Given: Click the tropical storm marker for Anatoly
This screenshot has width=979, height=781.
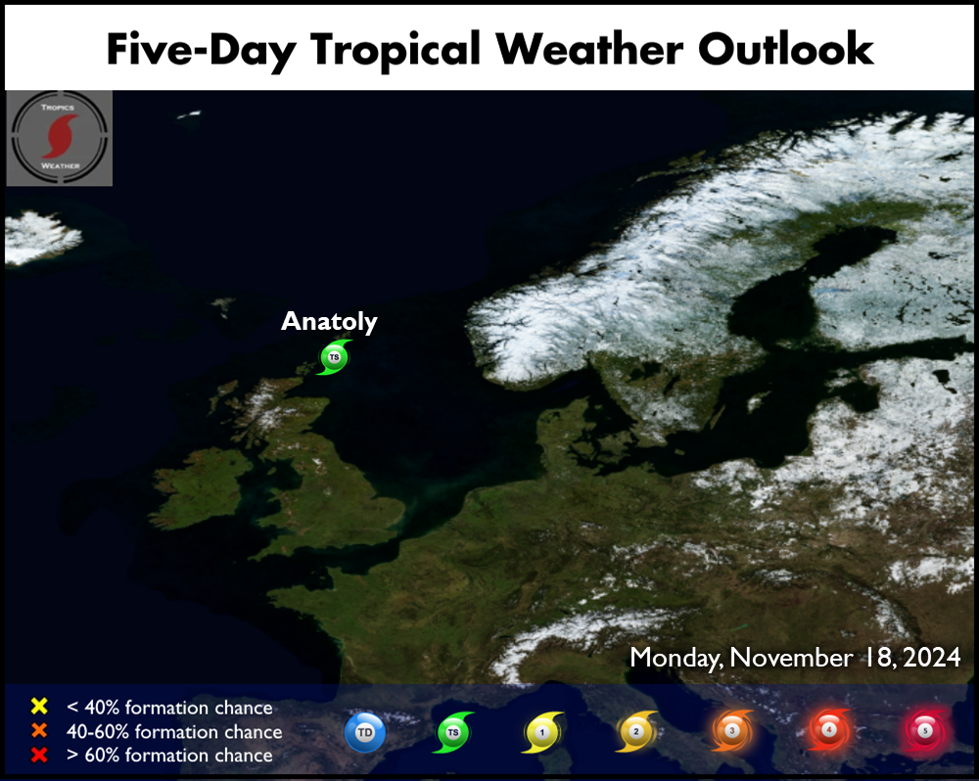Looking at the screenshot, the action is (x=334, y=357).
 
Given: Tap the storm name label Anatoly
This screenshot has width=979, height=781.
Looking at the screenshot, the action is (x=329, y=322).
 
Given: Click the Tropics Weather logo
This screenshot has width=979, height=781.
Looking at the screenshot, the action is (x=60, y=138).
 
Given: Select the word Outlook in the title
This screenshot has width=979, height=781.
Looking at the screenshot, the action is (x=785, y=49).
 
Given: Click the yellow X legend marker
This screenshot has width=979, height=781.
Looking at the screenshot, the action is (x=39, y=706).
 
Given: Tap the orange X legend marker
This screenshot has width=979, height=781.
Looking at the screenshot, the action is (x=39, y=730).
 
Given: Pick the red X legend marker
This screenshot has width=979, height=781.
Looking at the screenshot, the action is (x=39, y=755).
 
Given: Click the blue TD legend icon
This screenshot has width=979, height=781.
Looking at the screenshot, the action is (x=365, y=732).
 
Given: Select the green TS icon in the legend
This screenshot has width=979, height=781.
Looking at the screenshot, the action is (x=453, y=732).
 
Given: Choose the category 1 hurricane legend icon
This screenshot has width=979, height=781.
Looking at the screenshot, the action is (x=542, y=732).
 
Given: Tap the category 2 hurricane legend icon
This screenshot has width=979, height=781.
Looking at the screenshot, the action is (x=636, y=731).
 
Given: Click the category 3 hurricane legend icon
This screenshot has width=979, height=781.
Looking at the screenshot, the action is (x=732, y=730).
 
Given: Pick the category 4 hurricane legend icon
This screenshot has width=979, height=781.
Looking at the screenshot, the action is (x=829, y=730).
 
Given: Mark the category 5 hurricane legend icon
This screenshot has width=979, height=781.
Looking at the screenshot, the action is (x=925, y=730).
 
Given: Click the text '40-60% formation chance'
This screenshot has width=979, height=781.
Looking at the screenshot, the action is (x=174, y=731).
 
